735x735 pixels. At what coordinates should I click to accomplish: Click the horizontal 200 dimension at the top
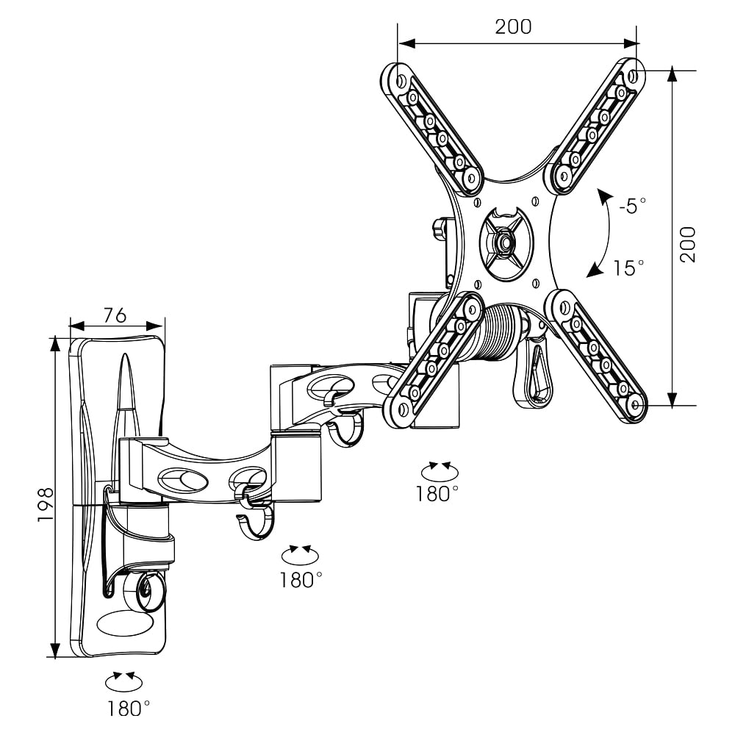pyautogui.click(x=512, y=26)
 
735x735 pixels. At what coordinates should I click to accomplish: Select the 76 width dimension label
pyautogui.click(x=114, y=315)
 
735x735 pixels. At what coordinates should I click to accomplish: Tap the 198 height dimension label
pyautogui.click(x=46, y=503)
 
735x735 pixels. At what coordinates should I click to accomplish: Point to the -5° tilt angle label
pyautogui.click(x=632, y=206)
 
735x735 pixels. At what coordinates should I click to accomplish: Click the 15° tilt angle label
pyautogui.click(x=628, y=268)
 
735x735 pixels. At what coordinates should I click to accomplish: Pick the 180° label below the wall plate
pyautogui.click(x=128, y=709)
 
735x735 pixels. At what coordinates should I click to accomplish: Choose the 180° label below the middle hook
pyautogui.click(x=301, y=580)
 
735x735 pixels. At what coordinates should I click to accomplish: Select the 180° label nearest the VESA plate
pyautogui.click(x=437, y=493)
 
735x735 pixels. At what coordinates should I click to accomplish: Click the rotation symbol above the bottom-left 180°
pyautogui.click(x=123, y=681)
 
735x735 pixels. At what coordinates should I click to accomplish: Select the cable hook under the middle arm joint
pyautogui.click(x=254, y=525)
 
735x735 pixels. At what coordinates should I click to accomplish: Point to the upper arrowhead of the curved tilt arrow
pyautogui.click(x=603, y=197)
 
